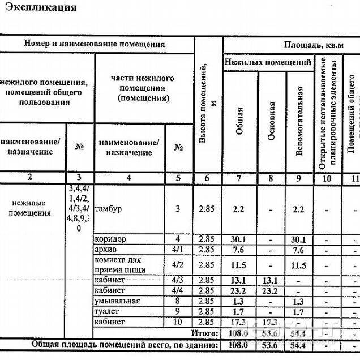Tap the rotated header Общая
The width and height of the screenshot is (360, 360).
click(239, 120)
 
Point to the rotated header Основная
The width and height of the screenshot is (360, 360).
click(272, 120)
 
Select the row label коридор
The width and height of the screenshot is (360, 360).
click(111, 239)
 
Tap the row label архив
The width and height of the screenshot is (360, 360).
click(106, 250)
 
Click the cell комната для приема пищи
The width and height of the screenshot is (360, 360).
click(118, 265)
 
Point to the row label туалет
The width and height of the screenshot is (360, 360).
click(108, 311)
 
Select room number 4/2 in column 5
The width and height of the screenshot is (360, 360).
click(178, 265)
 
